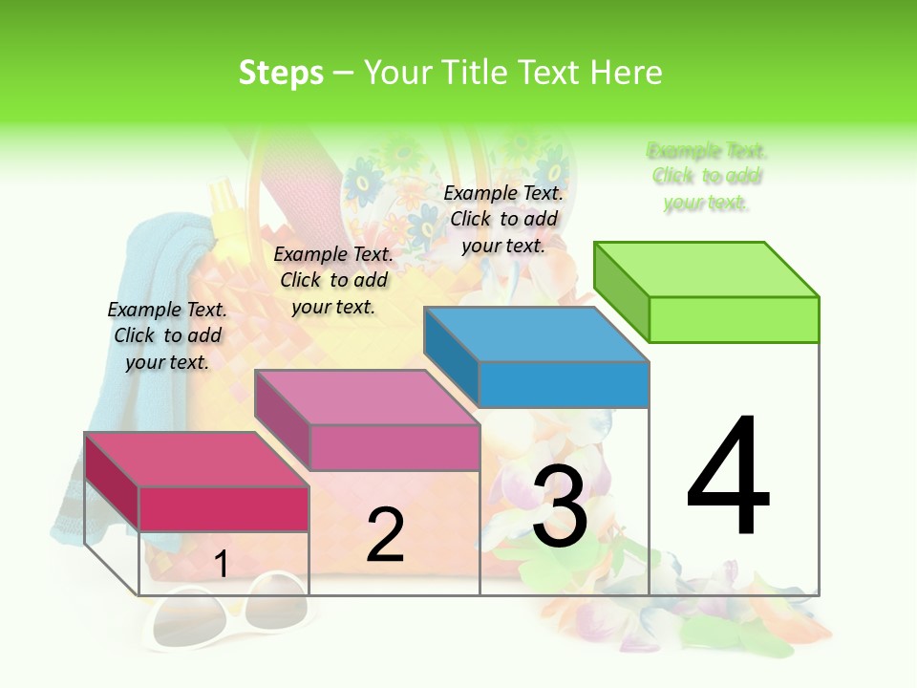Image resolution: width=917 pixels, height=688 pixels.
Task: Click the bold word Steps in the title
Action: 281,73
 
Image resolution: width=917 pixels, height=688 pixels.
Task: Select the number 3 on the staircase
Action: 560,506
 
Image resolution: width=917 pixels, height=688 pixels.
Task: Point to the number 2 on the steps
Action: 385,535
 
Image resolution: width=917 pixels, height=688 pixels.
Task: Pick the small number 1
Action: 221,565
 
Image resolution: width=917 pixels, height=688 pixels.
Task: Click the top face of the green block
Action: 707,269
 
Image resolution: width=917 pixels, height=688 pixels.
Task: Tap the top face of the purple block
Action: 367,398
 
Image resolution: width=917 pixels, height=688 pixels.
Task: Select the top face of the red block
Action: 197,460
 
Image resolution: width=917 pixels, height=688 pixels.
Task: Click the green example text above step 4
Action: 707,177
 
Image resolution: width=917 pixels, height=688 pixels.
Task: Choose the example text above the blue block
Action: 503,219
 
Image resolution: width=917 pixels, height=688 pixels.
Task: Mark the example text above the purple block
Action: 333,280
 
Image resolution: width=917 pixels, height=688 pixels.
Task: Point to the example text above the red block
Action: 167,335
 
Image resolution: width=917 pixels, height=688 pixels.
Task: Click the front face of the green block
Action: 734,319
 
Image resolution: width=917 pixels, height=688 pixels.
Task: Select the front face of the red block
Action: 224,508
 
